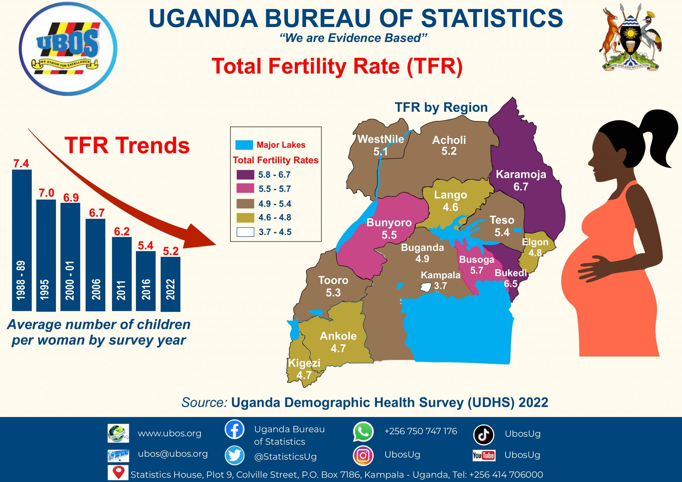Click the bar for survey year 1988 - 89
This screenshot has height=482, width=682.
click(x=22, y=240)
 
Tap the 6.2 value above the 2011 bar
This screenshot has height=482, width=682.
click(x=122, y=231)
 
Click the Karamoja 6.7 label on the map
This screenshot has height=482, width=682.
click(x=521, y=180)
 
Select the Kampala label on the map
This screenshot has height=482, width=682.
click(x=440, y=275)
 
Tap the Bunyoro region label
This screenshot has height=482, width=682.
click(x=389, y=222)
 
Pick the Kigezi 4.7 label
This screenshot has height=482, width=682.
click(x=304, y=368)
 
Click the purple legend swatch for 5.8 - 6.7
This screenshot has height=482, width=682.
click(x=245, y=175)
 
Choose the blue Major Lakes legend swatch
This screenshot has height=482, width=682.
click(x=244, y=145)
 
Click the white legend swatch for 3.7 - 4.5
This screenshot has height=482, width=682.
click(x=245, y=232)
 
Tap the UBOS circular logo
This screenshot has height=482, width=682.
click(x=68, y=49)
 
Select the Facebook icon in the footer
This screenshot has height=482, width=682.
click(x=234, y=429)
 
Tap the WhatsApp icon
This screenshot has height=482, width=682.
click(x=363, y=432)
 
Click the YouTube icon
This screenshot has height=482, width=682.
click(x=484, y=455)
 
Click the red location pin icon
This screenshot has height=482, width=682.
click(x=118, y=472)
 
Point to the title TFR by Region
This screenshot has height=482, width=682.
click(x=441, y=108)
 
